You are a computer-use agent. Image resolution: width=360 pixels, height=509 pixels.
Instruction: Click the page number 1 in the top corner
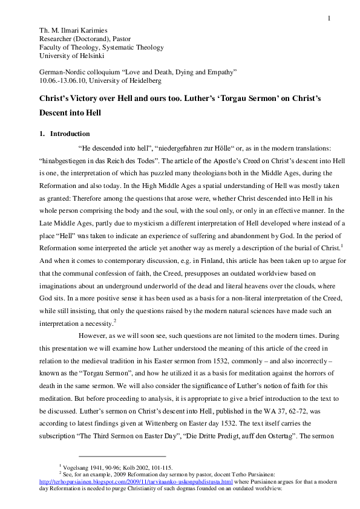click(x=330, y=18)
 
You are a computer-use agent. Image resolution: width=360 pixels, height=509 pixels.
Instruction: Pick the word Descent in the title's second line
click(x=56, y=112)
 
